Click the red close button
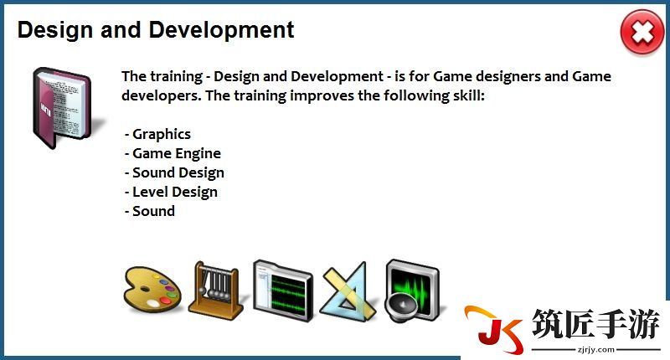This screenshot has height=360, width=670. pos(642,33)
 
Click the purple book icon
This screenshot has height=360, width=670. pos(62,108)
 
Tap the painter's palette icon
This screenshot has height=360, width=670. pos(152,289)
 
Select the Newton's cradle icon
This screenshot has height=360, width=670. pos(216,291)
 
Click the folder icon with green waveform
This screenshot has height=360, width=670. pos(282,291)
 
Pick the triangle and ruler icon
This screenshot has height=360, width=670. pos(348,291)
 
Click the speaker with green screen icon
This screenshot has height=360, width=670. pos(411,291)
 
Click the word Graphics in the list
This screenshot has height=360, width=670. pos(162,135)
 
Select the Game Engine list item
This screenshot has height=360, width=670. pos(177,154)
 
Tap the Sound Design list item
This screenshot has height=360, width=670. pos(178,173)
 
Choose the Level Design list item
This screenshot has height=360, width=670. pos(175,193)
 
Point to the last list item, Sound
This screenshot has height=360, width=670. pos(153,211)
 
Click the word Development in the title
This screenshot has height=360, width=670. pos(221,30)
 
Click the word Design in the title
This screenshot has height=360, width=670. pos(55,30)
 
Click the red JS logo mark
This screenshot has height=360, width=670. pos(494,329)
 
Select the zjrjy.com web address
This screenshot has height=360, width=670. pos(596,350)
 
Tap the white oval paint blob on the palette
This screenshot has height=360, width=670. pos(152,303)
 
